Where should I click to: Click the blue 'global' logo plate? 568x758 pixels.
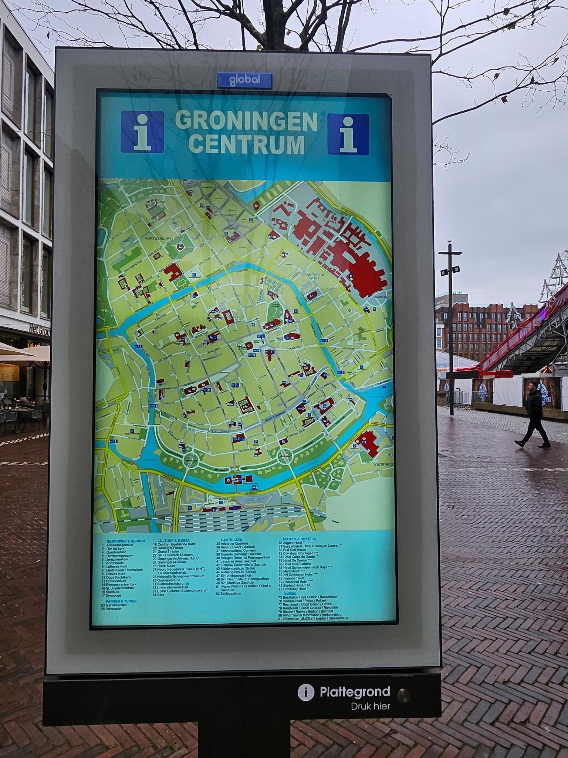(x=244, y=79)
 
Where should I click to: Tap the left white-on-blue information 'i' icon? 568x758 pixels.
(x=142, y=131)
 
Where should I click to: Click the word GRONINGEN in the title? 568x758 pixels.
(x=246, y=121)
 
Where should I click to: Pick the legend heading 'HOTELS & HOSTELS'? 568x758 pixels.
(x=299, y=539)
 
